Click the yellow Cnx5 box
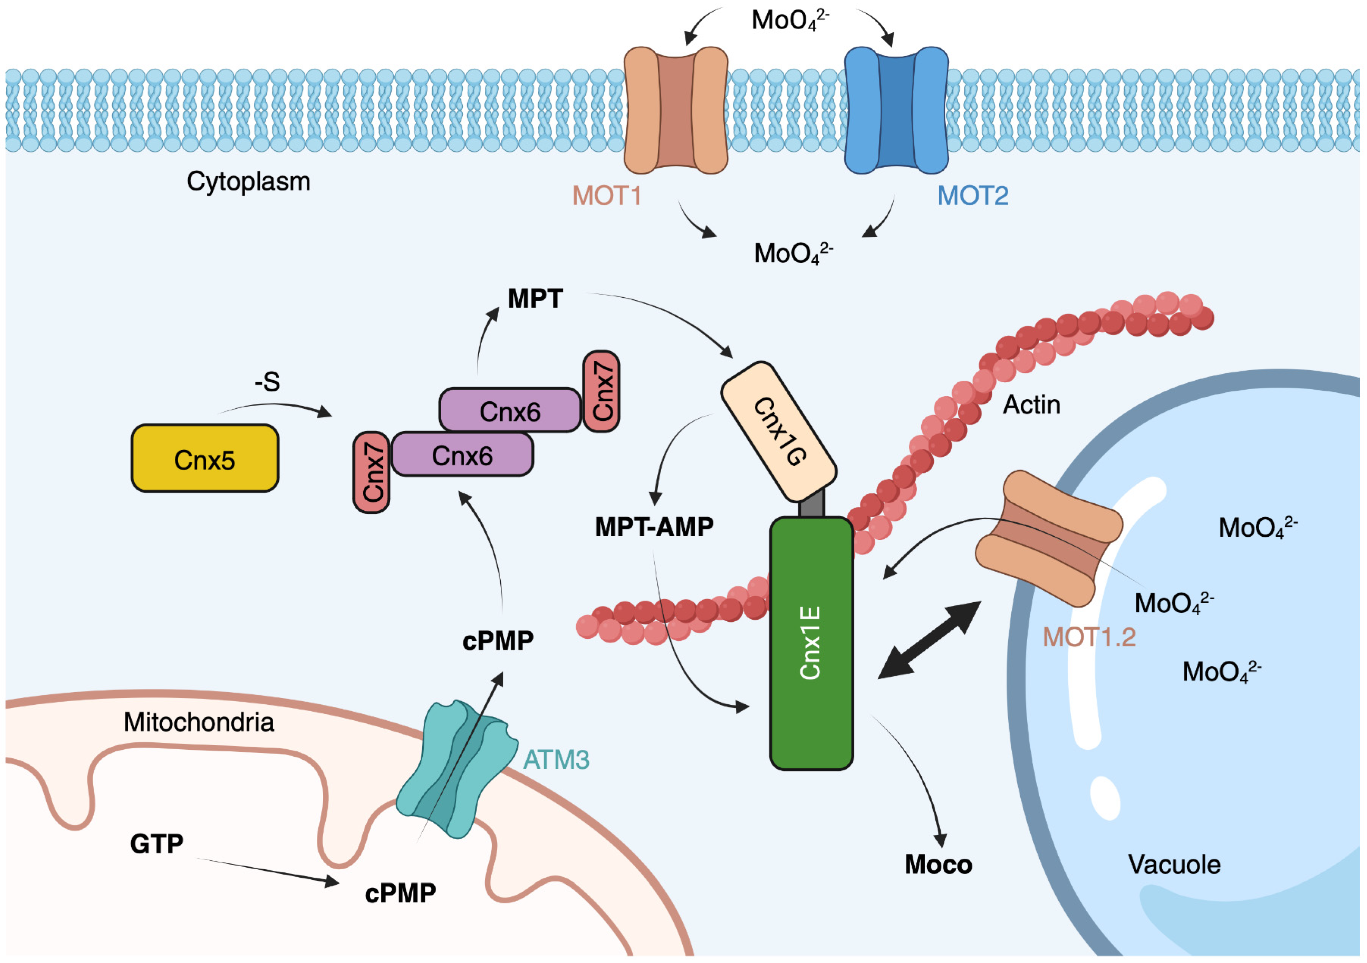point(205,458)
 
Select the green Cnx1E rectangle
point(811,643)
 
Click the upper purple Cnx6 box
point(510,410)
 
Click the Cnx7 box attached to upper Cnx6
point(601,391)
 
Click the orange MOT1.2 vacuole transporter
point(1049,538)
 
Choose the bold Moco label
point(938,865)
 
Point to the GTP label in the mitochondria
point(157,844)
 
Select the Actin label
point(1032,405)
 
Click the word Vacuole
point(1174,865)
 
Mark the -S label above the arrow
point(267,382)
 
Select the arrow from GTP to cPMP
point(268,871)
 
